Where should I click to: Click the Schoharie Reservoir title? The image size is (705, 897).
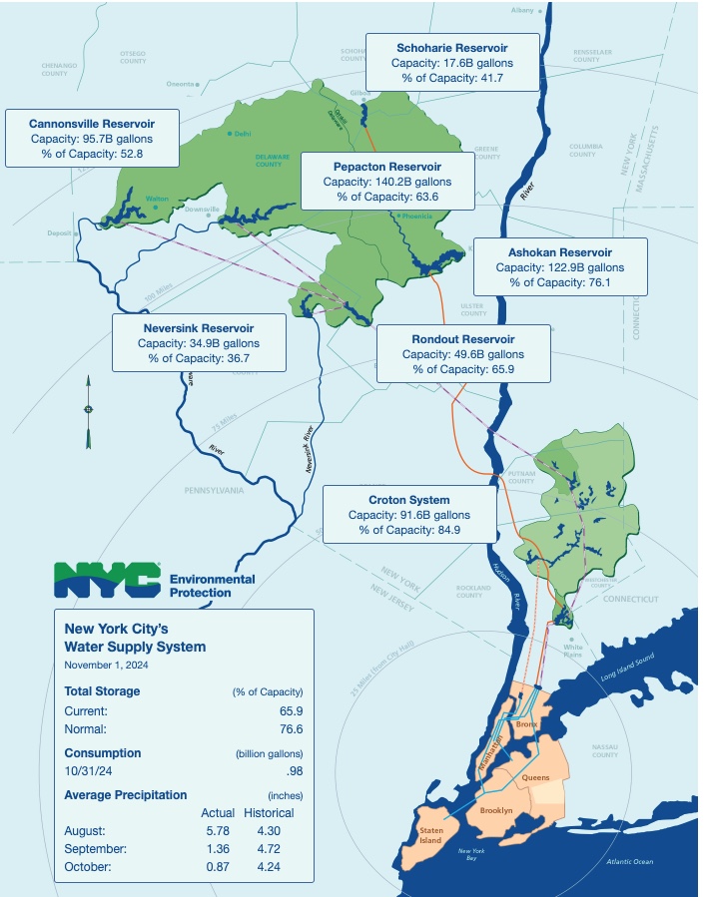[451, 47]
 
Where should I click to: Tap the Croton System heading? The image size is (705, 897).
[408, 500]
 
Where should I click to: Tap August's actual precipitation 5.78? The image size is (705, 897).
[217, 830]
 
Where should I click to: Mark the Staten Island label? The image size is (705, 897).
[430, 835]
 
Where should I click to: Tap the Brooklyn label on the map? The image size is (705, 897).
[496, 810]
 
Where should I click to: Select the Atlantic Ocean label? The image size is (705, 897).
[629, 861]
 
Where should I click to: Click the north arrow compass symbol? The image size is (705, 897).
[88, 410]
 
